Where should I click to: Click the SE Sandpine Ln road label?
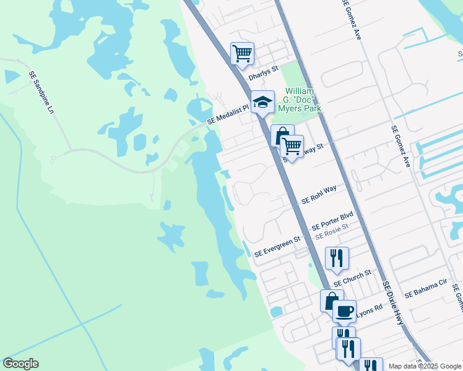tap(42, 92)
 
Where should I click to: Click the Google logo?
tap(20, 364)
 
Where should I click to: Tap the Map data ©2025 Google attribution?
tap(425, 366)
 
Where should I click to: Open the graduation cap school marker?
tap(262, 102)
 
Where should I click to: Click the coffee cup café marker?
tap(344, 311)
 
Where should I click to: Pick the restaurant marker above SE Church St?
tap(337, 258)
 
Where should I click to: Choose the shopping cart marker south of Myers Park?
tap(292, 147)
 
